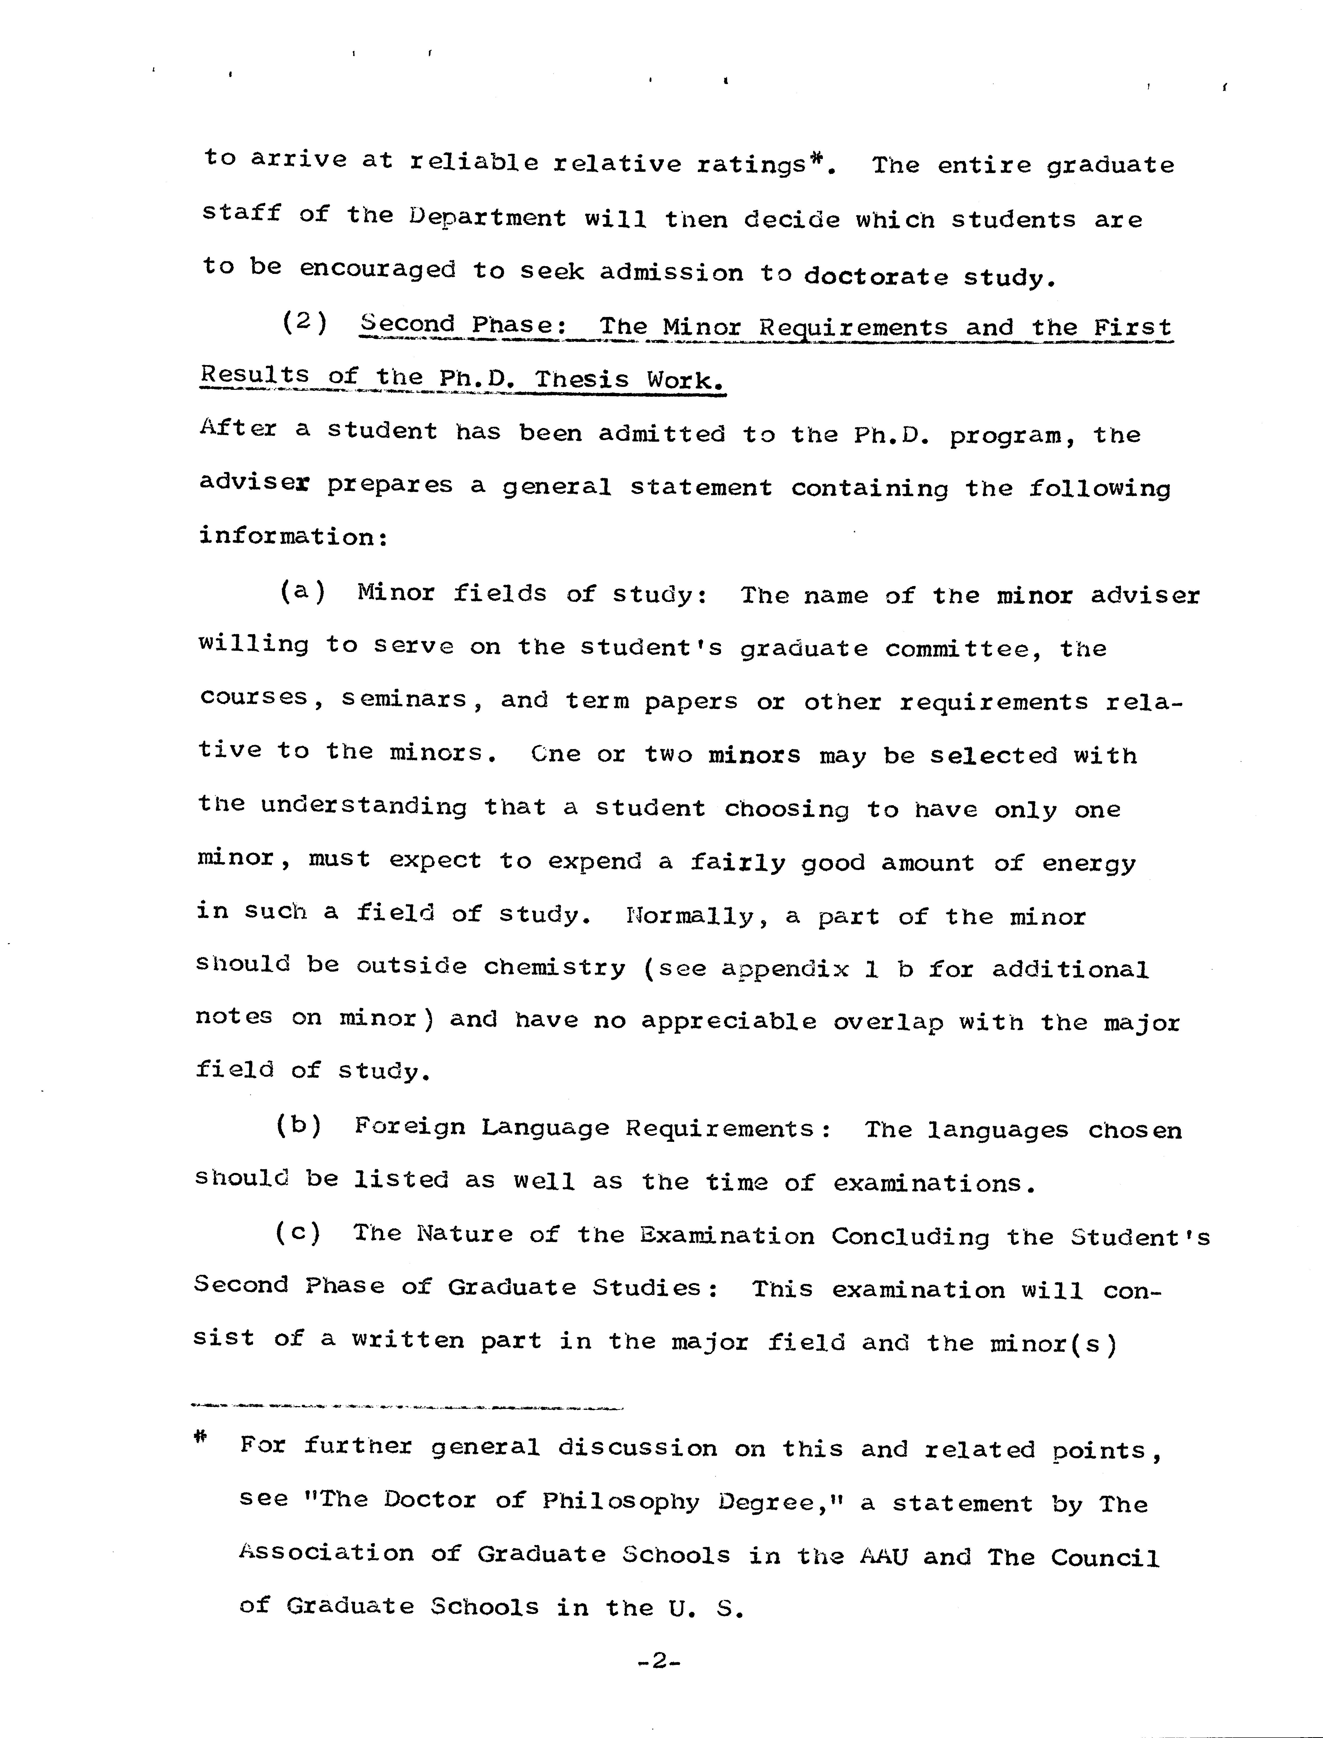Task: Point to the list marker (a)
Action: pyautogui.click(x=302, y=591)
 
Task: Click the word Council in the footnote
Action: pyautogui.click(x=1105, y=1558)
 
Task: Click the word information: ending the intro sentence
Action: pyautogui.click(x=293, y=537)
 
